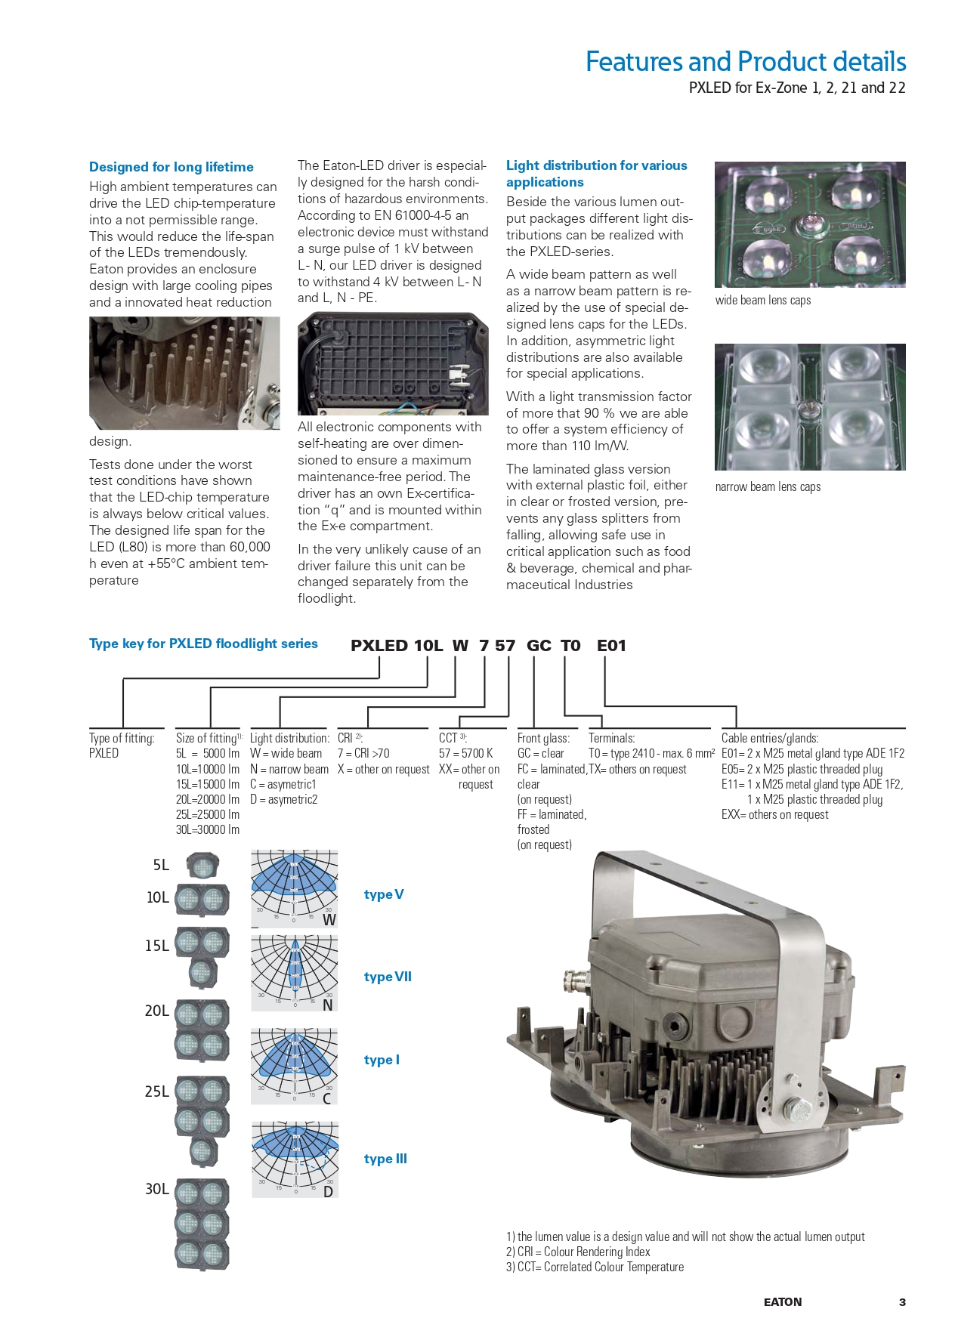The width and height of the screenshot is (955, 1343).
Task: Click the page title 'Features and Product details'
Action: click(745, 61)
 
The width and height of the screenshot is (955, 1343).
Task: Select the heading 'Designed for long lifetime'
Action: click(172, 167)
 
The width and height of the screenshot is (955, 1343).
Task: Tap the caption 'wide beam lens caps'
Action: click(762, 300)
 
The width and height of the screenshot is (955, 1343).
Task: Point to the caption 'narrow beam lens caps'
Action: click(768, 487)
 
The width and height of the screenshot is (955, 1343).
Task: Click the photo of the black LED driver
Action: click(393, 363)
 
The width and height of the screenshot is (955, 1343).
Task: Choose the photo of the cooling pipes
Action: click(184, 373)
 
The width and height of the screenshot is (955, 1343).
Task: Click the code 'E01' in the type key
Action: click(611, 646)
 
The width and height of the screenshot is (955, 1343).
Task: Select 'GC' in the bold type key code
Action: click(539, 646)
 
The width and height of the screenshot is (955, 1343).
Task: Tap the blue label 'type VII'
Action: click(388, 977)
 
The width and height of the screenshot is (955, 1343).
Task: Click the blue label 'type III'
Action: click(385, 1159)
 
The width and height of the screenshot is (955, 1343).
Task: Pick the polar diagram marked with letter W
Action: click(294, 889)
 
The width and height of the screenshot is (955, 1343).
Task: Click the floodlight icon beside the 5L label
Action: click(202, 865)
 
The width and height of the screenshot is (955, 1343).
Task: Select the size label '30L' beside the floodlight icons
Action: click(157, 1189)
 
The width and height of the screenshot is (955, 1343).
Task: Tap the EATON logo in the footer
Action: click(783, 1302)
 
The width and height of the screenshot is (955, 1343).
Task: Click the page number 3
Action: click(902, 1302)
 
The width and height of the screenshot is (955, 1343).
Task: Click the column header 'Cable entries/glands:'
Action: click(770, 738)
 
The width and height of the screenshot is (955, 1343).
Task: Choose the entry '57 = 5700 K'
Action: click(465, 753)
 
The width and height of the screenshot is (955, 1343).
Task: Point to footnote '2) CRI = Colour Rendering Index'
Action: click(578, 1252)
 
